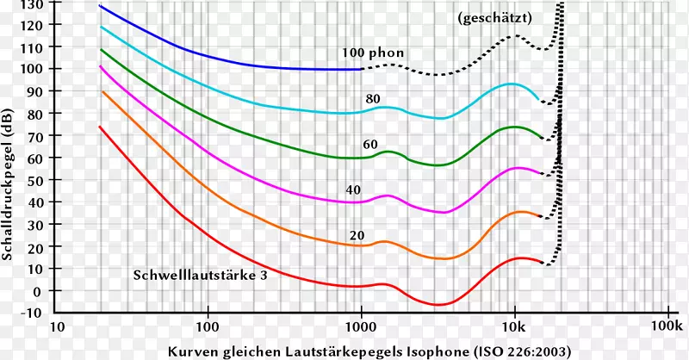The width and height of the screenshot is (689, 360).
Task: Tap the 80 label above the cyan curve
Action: pyautogui.click(x=373, y=99)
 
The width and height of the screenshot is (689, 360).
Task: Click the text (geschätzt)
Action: pyautogui.click(x=495, y=17)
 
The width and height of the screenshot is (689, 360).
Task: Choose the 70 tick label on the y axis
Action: pyautogui.click(x=34, y=135)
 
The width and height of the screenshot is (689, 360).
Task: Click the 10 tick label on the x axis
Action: pyautogui.click(x=58, y=328)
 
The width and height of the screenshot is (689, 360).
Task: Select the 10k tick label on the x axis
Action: pyautogui.click(x=514, y=328)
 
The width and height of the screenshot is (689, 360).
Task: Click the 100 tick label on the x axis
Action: pyautogui.click(x=208, y=328)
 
